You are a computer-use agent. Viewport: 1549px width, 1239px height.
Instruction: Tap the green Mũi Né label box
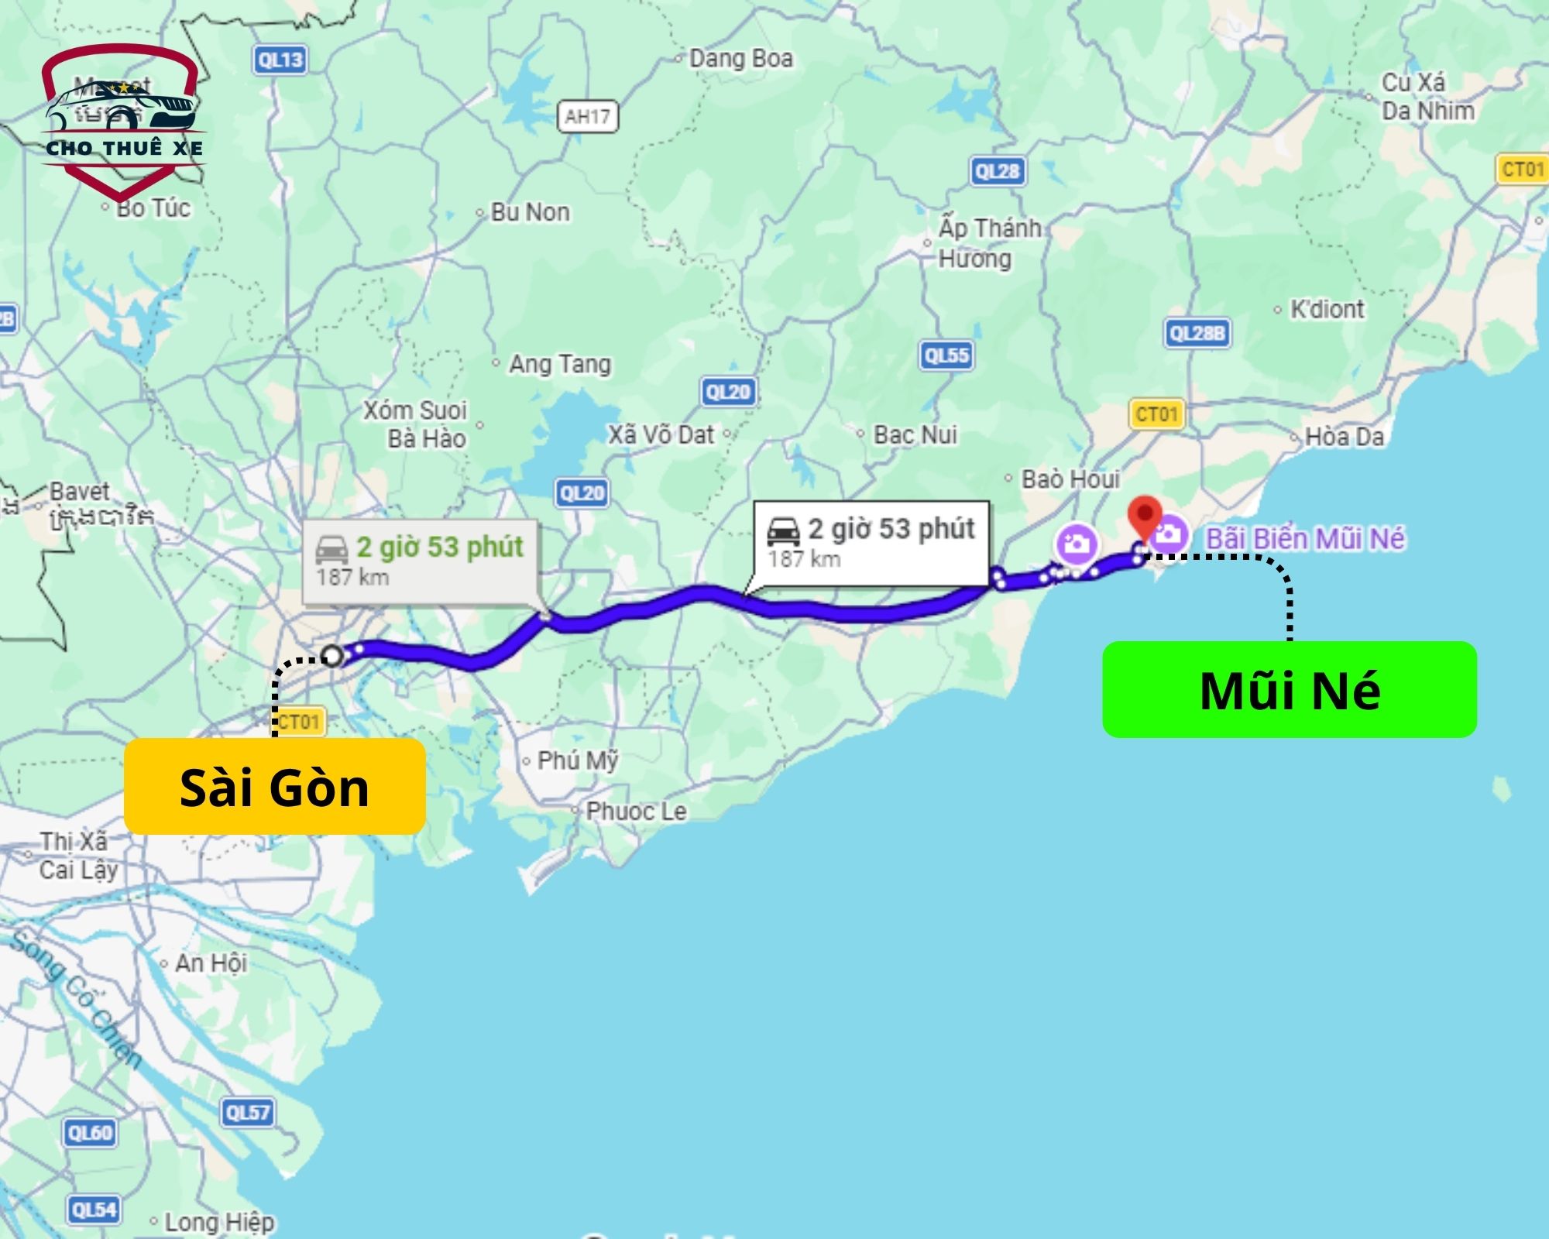[x=1290, y=689]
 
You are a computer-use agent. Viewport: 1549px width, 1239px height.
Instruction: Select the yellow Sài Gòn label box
[x=274, y=786]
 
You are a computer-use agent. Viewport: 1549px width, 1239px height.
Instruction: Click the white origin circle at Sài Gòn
[x=332, y=656]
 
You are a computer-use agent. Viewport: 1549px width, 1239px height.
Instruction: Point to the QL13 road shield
[x=280, y=60]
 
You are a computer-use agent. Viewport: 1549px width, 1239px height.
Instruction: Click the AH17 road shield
[x=588, y=117]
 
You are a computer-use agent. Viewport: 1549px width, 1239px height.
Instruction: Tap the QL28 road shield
[x=998, y=171]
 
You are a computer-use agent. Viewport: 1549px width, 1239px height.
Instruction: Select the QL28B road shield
[x=1197, y=333]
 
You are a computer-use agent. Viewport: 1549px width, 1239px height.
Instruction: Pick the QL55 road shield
[x=946, y=355]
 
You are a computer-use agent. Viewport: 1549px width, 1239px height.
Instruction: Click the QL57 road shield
[x=247, y=1113]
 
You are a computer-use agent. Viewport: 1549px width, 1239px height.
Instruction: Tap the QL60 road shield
[x=90, y=1133]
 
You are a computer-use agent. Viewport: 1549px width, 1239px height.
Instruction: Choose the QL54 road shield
[x=94, y=1210]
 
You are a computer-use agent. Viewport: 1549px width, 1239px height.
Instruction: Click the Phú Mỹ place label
[x=578, y=760]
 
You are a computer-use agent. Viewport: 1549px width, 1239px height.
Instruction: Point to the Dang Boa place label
[x=740, y=59]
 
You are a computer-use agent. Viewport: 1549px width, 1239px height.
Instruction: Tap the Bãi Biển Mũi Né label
[x=1305, y=538]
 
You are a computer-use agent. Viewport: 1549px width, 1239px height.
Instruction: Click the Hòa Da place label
[x=1344, y=437]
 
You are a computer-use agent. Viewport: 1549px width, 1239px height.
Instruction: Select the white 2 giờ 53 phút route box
[x=871, y=543]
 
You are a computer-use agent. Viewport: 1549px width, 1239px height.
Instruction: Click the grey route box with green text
[x=419, y=561]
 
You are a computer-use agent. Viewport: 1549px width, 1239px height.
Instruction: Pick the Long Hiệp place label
[x=219, y=1222]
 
